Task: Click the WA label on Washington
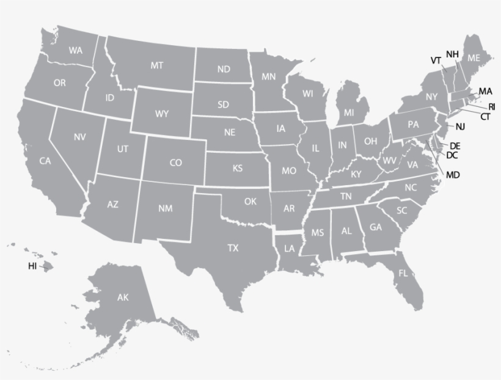click(76, 50)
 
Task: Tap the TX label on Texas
click(233, 248)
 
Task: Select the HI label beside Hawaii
click(32, 266)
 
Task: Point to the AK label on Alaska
click(123, 298)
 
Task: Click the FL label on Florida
click(403, 272)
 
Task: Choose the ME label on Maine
click(474, 58)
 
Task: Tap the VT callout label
click(436, 60)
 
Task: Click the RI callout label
click(492, 106)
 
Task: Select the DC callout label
click(452, 155)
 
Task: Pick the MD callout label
click(453, 175)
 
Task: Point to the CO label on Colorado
click(175, 163)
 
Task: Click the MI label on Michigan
click(349, 112)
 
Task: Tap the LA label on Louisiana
click(289, 249)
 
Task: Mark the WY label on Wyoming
click(162, 114)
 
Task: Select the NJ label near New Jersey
click(460, 126)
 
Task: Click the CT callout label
click(485, 116)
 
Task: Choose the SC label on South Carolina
click(401, 210)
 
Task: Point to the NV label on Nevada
click(79, 137)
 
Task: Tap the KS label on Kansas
click(238, 168)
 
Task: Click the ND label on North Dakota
click(224, 69)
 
